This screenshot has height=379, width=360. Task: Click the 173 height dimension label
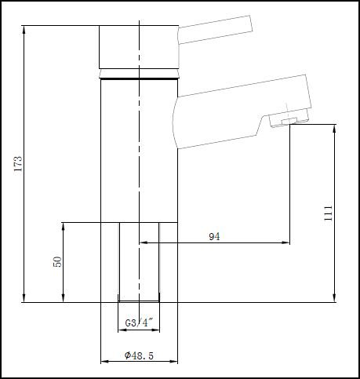[x=18, y=164]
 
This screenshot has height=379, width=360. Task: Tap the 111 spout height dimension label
[x=329, y=213]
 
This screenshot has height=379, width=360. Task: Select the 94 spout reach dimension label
[x=214, y=236]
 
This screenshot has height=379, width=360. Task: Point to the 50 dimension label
[x=57, y=262]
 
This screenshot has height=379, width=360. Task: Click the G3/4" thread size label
[x=139, y=323]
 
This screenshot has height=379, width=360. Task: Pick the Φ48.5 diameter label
[x=139, y=355]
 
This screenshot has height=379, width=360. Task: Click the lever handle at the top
[x=215, y=30]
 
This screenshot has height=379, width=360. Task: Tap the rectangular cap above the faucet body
[x=139, y=47]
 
